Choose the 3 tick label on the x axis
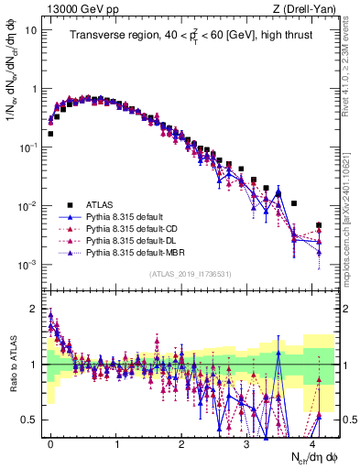[x=247, y=442]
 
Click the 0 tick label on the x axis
[x=50, y=442]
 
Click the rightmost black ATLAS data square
[x=319, y=224]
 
